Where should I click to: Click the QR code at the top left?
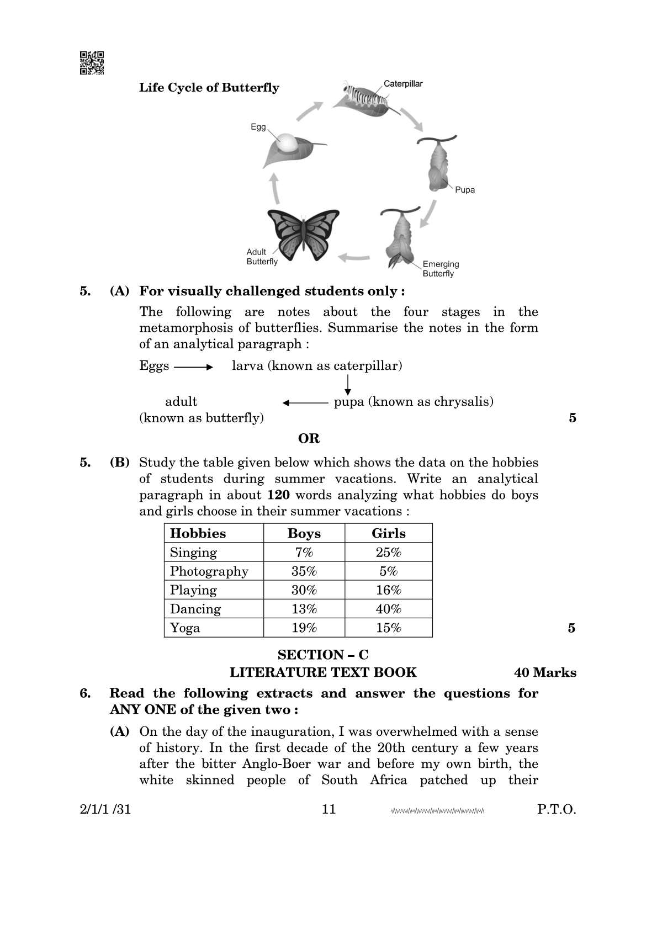[x=92, y=62]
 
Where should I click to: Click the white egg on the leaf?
[x=288, y=143]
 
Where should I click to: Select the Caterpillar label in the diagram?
[x=403, y=84]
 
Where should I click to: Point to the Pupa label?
[x=464, y=190]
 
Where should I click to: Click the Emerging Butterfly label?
[x=440, y=269]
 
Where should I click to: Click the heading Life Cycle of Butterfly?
[x=209, y=88]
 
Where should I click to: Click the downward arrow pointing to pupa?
[x=348, y=385]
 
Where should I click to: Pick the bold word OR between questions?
[x=309, y=439]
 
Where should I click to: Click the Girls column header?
[x=388, y=534]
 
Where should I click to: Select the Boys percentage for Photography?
[x=304, y=571]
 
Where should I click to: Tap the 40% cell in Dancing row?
[x=388, y=609]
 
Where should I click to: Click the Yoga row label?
[x=185, y=628]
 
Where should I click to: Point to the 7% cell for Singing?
[x=304, y=553]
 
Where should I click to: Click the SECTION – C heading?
[x=323, y=655]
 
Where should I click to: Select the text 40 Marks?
[x=544, y=673]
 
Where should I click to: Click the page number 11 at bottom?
[x=328, y=810]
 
